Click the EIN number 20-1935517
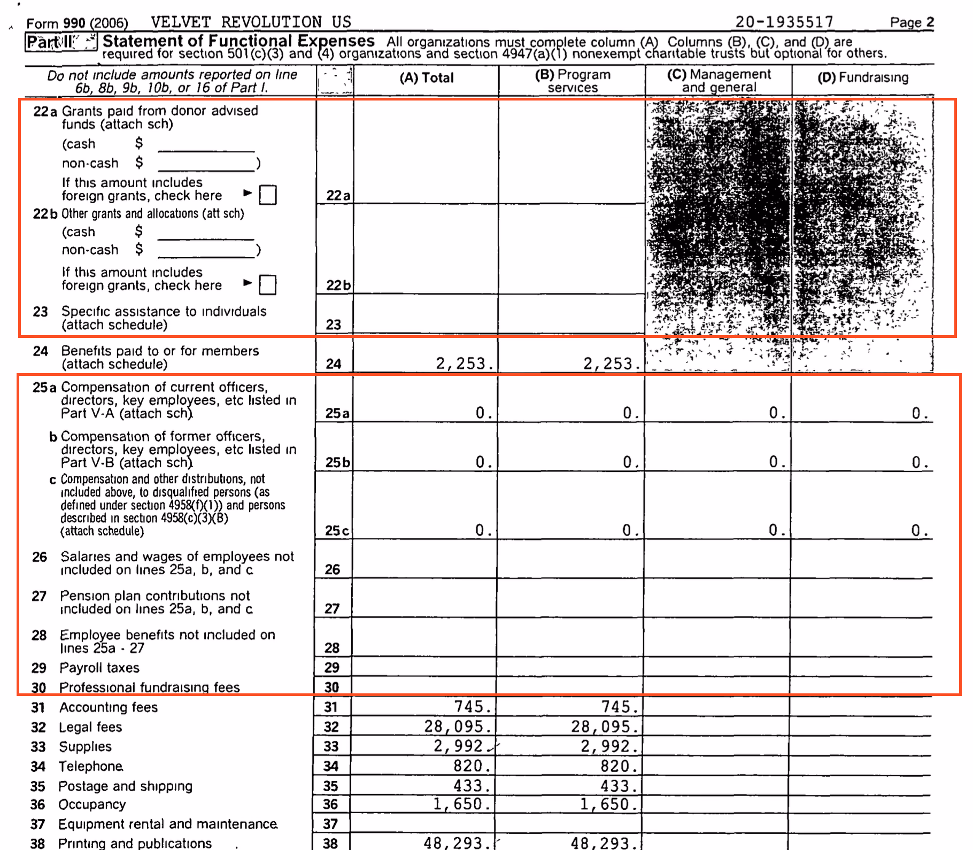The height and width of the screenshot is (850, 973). click(784, 22)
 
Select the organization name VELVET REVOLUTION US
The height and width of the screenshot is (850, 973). click(251, 22)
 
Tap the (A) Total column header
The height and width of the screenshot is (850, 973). click(426, 78)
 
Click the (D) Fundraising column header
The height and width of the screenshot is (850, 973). click(862, 78)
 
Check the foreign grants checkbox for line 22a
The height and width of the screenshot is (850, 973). click(267, 195)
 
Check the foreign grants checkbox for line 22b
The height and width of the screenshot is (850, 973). click(267, 285)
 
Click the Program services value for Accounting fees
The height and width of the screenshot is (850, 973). click(619, 707)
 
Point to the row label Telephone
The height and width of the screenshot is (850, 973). click(90, 767)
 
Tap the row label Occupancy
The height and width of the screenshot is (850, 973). click(92, 805)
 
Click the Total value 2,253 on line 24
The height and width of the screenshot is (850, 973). click(464, 364)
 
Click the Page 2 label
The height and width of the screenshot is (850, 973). click(912, 22)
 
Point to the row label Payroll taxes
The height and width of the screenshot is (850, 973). click(99, 668)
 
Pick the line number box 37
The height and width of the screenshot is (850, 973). click(331, 824)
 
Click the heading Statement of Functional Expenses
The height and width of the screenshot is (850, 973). click(238, 41)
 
